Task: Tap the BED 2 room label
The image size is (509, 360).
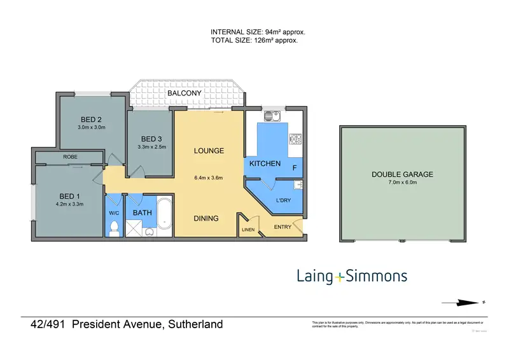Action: point(91,120)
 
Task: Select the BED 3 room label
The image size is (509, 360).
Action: point(151,139)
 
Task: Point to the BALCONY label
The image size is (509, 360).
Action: point(184,93)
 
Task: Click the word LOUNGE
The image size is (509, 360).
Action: point(209,151)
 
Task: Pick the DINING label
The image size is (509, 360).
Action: point(206,218)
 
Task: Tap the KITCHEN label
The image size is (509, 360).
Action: point(265,163)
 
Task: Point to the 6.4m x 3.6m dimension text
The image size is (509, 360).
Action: point(209,177)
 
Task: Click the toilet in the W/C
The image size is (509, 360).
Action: point(115,228)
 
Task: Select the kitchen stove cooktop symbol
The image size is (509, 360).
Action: point(296,138)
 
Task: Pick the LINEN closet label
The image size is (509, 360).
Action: point(248,230)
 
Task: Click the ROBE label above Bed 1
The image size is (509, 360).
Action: point(70,156)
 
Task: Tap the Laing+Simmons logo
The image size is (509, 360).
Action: point(352,276)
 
